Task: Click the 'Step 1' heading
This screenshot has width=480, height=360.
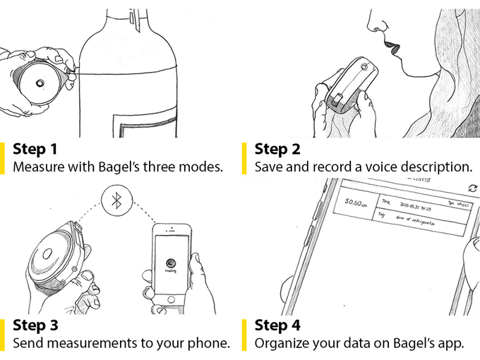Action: (35, 149)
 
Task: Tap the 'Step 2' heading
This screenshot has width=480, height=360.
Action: (276, 149)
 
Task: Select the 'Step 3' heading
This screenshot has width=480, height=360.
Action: (35, 325)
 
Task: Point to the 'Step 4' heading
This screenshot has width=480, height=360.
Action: (277, 325)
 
